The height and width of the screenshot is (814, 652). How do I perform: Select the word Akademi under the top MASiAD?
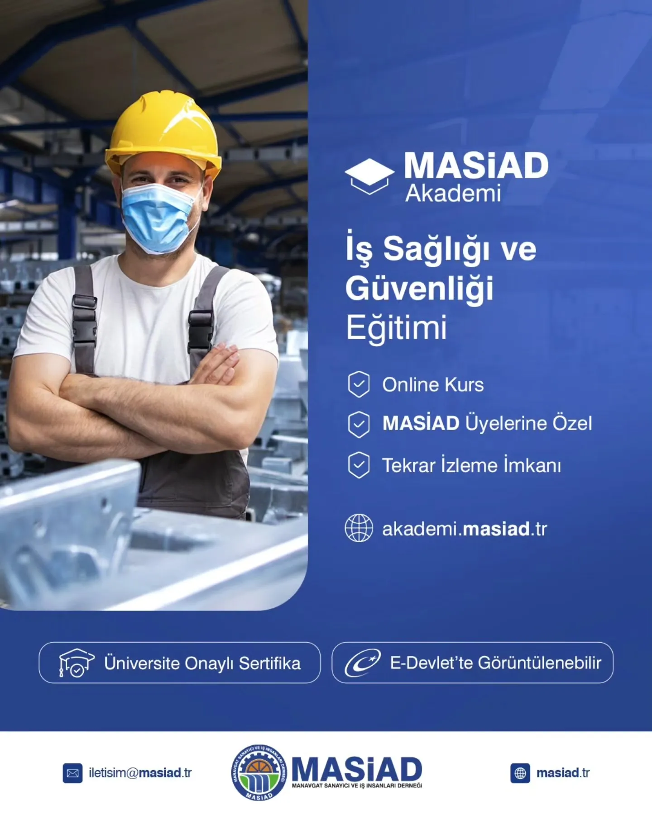coord(453,194)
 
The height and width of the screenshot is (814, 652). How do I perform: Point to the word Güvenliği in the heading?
coord(419,289)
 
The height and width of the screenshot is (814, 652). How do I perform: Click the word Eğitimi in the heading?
coord(396,327)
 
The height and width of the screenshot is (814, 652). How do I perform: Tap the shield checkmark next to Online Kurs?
coord(359,384)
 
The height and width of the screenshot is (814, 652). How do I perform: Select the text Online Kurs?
coord(433,385)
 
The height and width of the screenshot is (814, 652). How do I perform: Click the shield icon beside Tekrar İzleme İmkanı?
coord(359,465)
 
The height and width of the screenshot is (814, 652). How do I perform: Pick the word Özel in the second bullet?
coord(572,423)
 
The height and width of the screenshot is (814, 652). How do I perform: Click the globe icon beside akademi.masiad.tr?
coord(359,528)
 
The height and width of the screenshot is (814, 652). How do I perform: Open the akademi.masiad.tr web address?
coord(465,529)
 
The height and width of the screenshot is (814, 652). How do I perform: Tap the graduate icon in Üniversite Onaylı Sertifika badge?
coord(76,663)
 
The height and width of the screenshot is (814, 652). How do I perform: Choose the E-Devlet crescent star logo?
coord(362,663)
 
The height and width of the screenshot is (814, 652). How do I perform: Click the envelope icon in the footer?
coord(72,773)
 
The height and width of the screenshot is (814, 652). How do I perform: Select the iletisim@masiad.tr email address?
coord(140,773)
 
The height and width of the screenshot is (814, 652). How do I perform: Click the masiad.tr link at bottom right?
coord(563,773)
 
